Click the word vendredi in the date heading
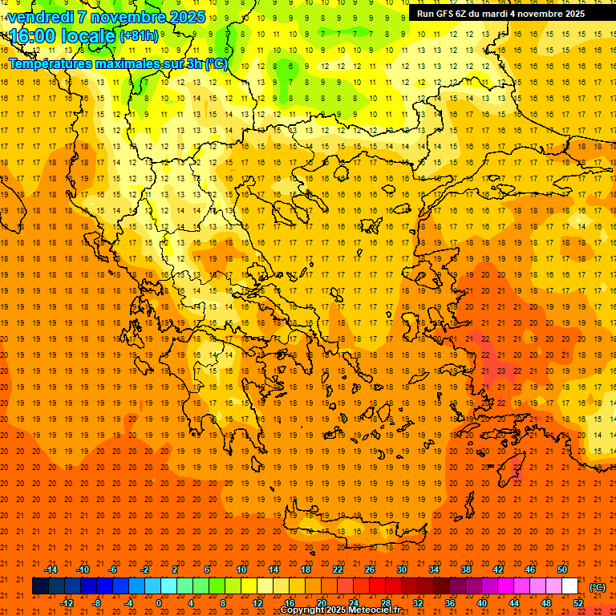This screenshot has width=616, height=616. coord(42,17)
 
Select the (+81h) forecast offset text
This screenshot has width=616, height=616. coord(140,36)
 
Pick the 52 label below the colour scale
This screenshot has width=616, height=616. coord(578,603)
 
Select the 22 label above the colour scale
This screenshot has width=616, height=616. coord(338,569)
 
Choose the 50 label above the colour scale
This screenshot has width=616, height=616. coord(562,569)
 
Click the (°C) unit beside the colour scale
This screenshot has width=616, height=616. coord(598,587)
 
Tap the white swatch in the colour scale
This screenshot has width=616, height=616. coord(570,586)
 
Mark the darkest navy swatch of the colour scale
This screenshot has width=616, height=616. coord(40,586)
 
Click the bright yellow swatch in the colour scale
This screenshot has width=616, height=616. coord(249,586)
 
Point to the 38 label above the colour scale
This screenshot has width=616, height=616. coord(466,569)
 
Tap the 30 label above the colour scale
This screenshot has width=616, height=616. coord(402,569)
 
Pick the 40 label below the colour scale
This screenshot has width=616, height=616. coord(482,603)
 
